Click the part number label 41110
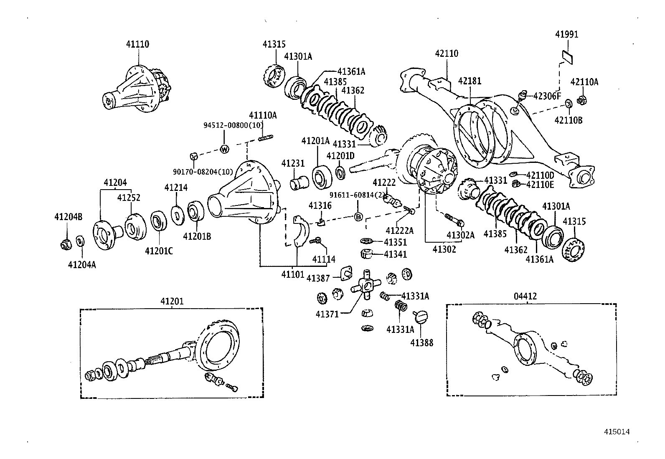[x=137, y=44]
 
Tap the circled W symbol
[x=225, y=149]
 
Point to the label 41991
[x=566, y=34]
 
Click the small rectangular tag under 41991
[x=567, y=56]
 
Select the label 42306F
[x=547, y=96]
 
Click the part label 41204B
[x=68, y=216]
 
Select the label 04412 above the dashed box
[x=525, y=296]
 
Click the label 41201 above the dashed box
[x=172, y=301]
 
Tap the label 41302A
[x=460, y=235]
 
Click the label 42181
[x=470, y=81]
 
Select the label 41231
[x=293, y=163]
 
